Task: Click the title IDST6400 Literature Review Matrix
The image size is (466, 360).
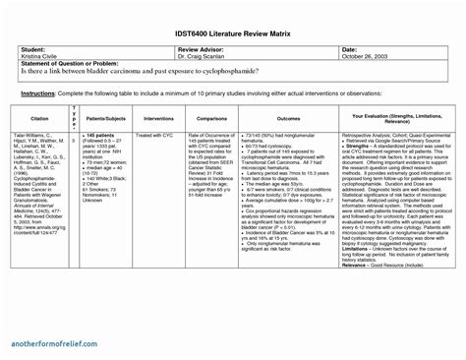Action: click(x=234, y=33)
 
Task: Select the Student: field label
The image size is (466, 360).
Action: click(x=32, y=48)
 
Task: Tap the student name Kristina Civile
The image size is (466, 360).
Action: click(x=38, y=55)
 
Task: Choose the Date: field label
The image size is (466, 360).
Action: click(x=349, y=48)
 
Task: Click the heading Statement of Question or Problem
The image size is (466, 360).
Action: click(x=65, y=63)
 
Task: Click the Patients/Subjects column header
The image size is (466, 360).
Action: click(x=103, y=117)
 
